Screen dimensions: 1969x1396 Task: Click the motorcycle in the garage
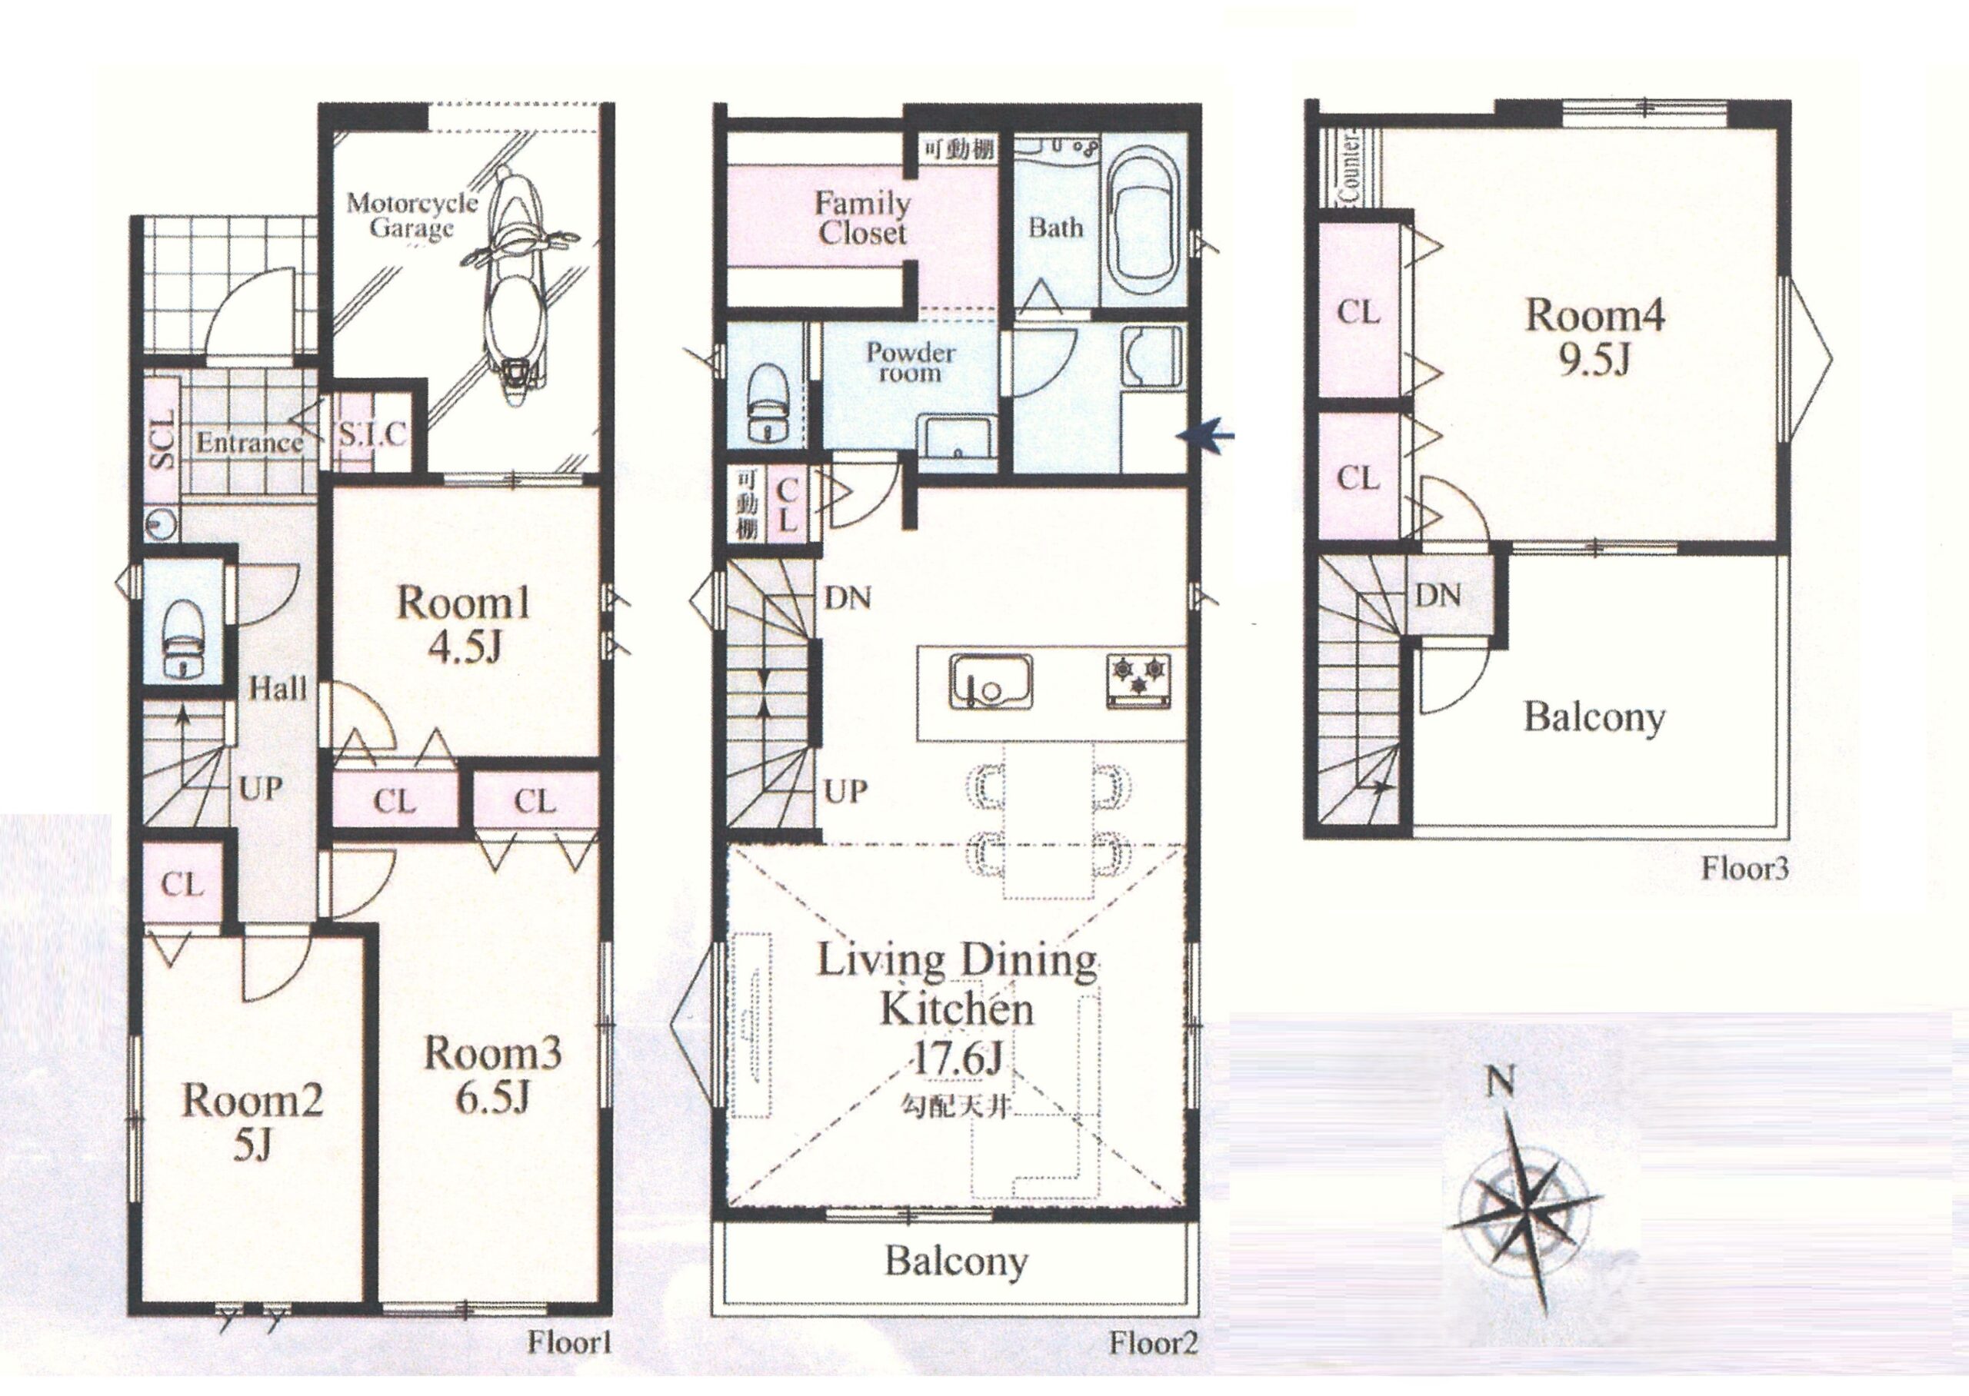tap(515, 279)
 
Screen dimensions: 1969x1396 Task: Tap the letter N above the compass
tap(1502, 1084)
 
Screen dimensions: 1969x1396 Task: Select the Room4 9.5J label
tap(1595, 337)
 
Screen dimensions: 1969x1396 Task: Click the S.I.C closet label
tap(371, 434)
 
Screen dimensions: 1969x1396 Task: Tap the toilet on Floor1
tap(181, 638)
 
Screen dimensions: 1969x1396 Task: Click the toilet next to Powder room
tap(768, 402)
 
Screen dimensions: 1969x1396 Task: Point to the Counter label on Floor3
tap(1349, 167)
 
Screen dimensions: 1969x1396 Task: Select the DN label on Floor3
tap(1438, 594)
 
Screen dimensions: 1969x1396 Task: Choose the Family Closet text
tap(862, 218)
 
